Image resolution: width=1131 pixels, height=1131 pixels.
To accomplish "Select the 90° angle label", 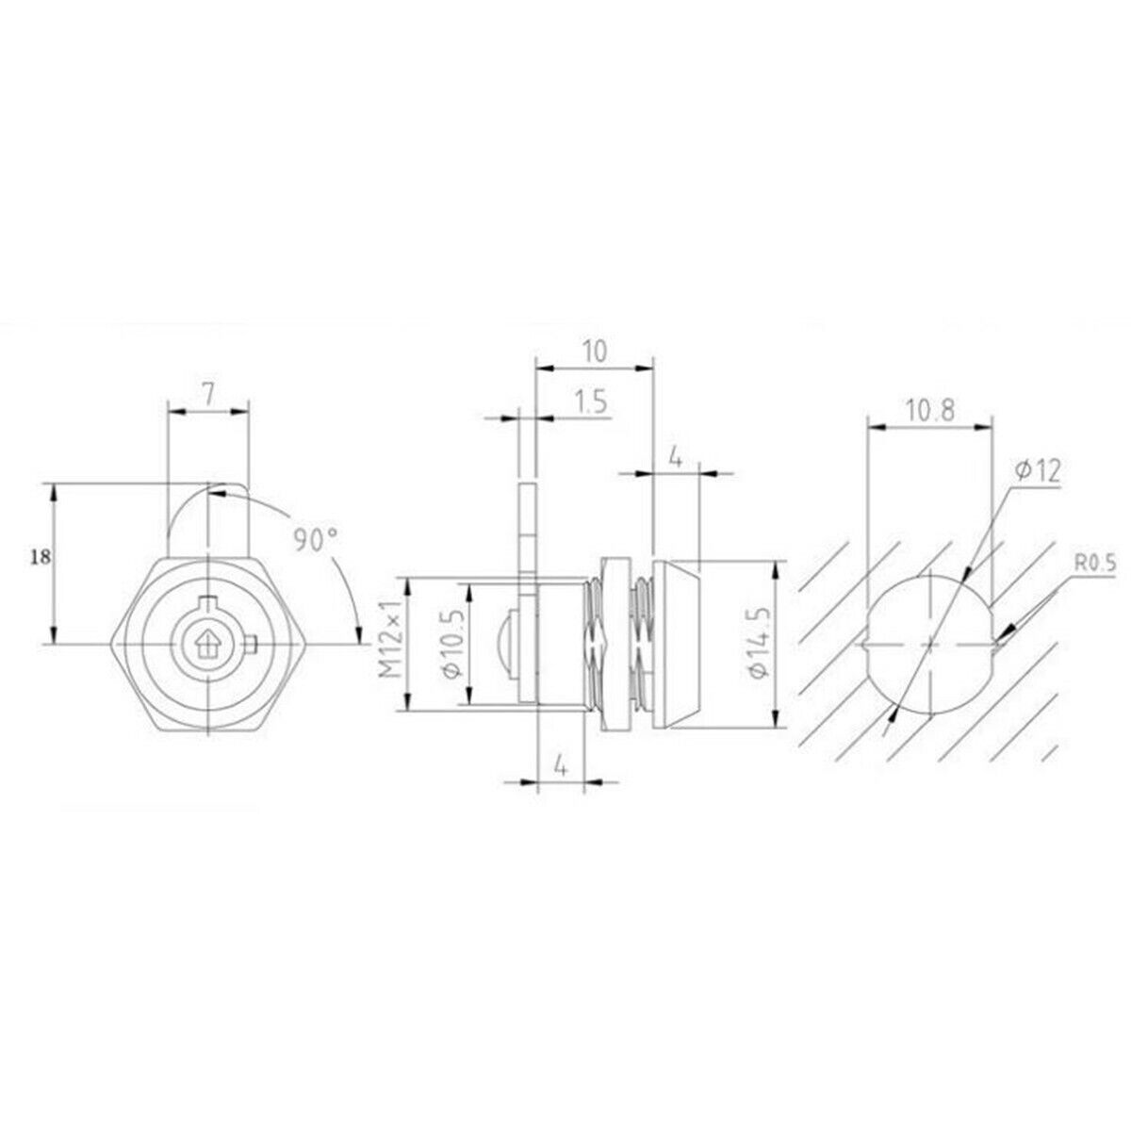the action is tap(317, 540).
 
